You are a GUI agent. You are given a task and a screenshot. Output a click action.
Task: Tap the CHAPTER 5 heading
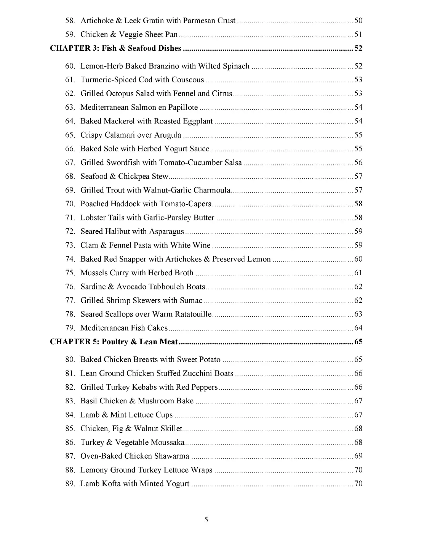[114, 342]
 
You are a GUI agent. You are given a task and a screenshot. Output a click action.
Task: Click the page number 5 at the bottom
[206, 520]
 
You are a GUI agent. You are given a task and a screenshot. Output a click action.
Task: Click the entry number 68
[70, 177]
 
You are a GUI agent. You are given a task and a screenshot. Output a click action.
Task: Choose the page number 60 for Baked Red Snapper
[358, 259]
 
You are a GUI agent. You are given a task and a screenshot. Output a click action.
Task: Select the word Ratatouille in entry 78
[193, 314]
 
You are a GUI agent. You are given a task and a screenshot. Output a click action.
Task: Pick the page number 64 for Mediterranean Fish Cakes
[358, 328]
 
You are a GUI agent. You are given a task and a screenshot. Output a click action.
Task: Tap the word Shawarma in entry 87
[171, 456]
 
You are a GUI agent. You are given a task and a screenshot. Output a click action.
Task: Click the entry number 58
[70, 21]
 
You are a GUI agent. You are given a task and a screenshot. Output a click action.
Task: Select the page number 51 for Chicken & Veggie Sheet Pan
[358, 35]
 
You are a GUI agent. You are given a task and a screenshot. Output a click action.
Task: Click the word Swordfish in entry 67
[123, 163]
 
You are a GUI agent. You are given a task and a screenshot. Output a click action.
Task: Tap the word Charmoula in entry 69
[212, 190]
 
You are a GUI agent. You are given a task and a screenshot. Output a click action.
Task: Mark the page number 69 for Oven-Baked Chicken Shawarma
[358, 456]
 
